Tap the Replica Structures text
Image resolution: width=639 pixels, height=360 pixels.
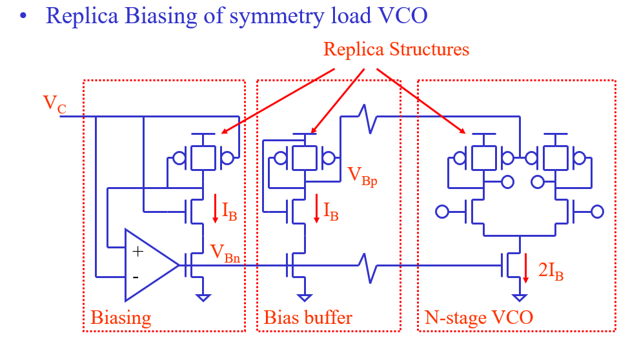click(x=396, y=49)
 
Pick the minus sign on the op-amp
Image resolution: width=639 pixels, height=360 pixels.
click(x=136, y=277)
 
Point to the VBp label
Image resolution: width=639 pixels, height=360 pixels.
click(x=361, y=175)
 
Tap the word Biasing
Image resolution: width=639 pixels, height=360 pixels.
click(x=121, y=317)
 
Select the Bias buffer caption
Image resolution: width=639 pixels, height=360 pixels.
click(x=308, y=317)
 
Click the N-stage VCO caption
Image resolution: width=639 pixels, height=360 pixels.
click(x=479, y=317)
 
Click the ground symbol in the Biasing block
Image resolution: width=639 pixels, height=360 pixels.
click(x=204, y=297)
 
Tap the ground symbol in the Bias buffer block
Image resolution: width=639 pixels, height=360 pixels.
click(x=304, y=297)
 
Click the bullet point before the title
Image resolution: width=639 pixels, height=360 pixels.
click(x=25, y=17)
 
